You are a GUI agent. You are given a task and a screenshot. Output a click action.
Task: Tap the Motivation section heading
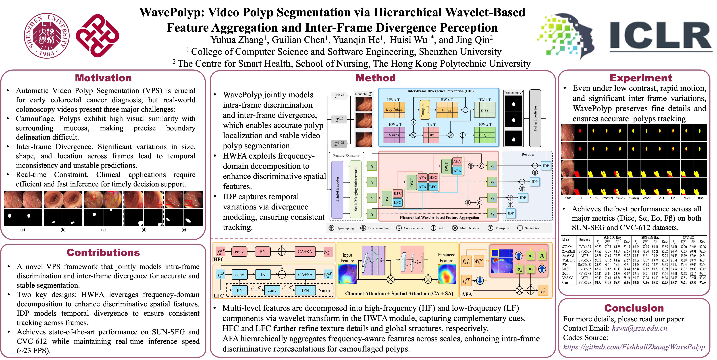(103, 78)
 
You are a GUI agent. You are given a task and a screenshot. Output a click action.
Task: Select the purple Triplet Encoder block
(337, 189)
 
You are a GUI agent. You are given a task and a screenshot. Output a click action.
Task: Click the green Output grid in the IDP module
(485, 135)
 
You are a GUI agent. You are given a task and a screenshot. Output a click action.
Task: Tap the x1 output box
(492, 167)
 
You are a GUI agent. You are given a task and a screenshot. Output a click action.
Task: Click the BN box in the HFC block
(262, 252)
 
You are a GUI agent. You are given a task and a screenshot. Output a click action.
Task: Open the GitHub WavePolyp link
(635, 347)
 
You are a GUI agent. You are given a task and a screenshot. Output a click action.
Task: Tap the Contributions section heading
(103, 253)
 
